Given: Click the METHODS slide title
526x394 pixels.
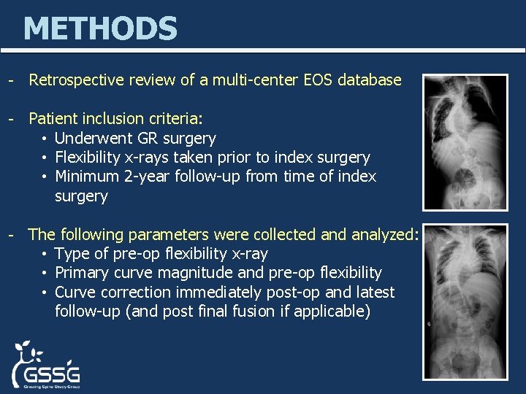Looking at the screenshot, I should coord(100,29).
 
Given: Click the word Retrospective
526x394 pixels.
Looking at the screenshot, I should coord(75,80).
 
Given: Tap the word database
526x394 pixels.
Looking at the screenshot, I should coord(369,80).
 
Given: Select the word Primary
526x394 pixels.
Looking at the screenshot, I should coord(80,273).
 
